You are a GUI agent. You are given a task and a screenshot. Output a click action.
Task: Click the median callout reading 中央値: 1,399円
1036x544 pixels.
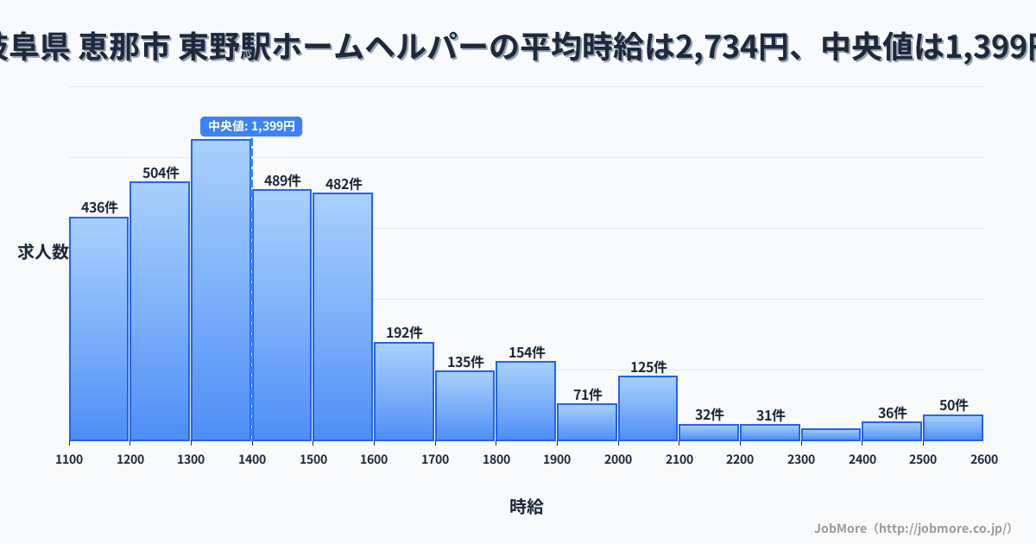(x=251, y=126)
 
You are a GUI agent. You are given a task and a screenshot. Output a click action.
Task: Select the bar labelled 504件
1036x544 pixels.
(x=160, y=311)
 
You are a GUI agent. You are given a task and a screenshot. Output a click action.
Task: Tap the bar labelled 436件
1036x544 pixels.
(x=98, y=328)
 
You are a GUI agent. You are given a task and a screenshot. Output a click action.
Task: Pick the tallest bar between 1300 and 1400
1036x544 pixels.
(x=221, y=289)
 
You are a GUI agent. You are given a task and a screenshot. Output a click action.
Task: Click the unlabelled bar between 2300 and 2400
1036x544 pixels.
(x=831, y=434)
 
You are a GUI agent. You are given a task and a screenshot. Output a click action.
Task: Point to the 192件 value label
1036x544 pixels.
(x=404, y=332)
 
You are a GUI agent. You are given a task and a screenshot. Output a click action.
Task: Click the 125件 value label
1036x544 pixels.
(x=648, y=367)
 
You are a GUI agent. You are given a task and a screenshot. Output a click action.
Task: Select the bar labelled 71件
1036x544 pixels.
(x=587, y=421)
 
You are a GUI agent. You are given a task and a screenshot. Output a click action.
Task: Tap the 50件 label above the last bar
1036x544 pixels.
(x=953, y=405)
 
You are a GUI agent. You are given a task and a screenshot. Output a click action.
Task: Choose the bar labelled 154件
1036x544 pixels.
(x=526, y=401)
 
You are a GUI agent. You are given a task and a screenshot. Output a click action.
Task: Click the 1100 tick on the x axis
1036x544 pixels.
(x=69, y=459)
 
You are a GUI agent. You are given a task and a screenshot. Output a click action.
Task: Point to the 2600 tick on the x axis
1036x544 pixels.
(x=983, y=459)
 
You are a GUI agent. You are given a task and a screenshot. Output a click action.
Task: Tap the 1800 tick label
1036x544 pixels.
(x=496, y=459)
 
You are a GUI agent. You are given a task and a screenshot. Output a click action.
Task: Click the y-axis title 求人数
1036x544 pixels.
(x=42, y=252)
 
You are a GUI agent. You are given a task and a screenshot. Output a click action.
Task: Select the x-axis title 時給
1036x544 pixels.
(x=526, y=507)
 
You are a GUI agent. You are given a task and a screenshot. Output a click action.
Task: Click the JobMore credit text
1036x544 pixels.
(x=913, y=528)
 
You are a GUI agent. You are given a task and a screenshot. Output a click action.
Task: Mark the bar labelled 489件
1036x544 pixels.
(x=281, y=315)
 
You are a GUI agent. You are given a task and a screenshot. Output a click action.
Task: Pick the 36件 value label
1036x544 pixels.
(x=892, y=413)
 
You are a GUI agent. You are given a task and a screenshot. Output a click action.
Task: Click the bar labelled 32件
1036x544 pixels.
(x=709, y=432)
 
